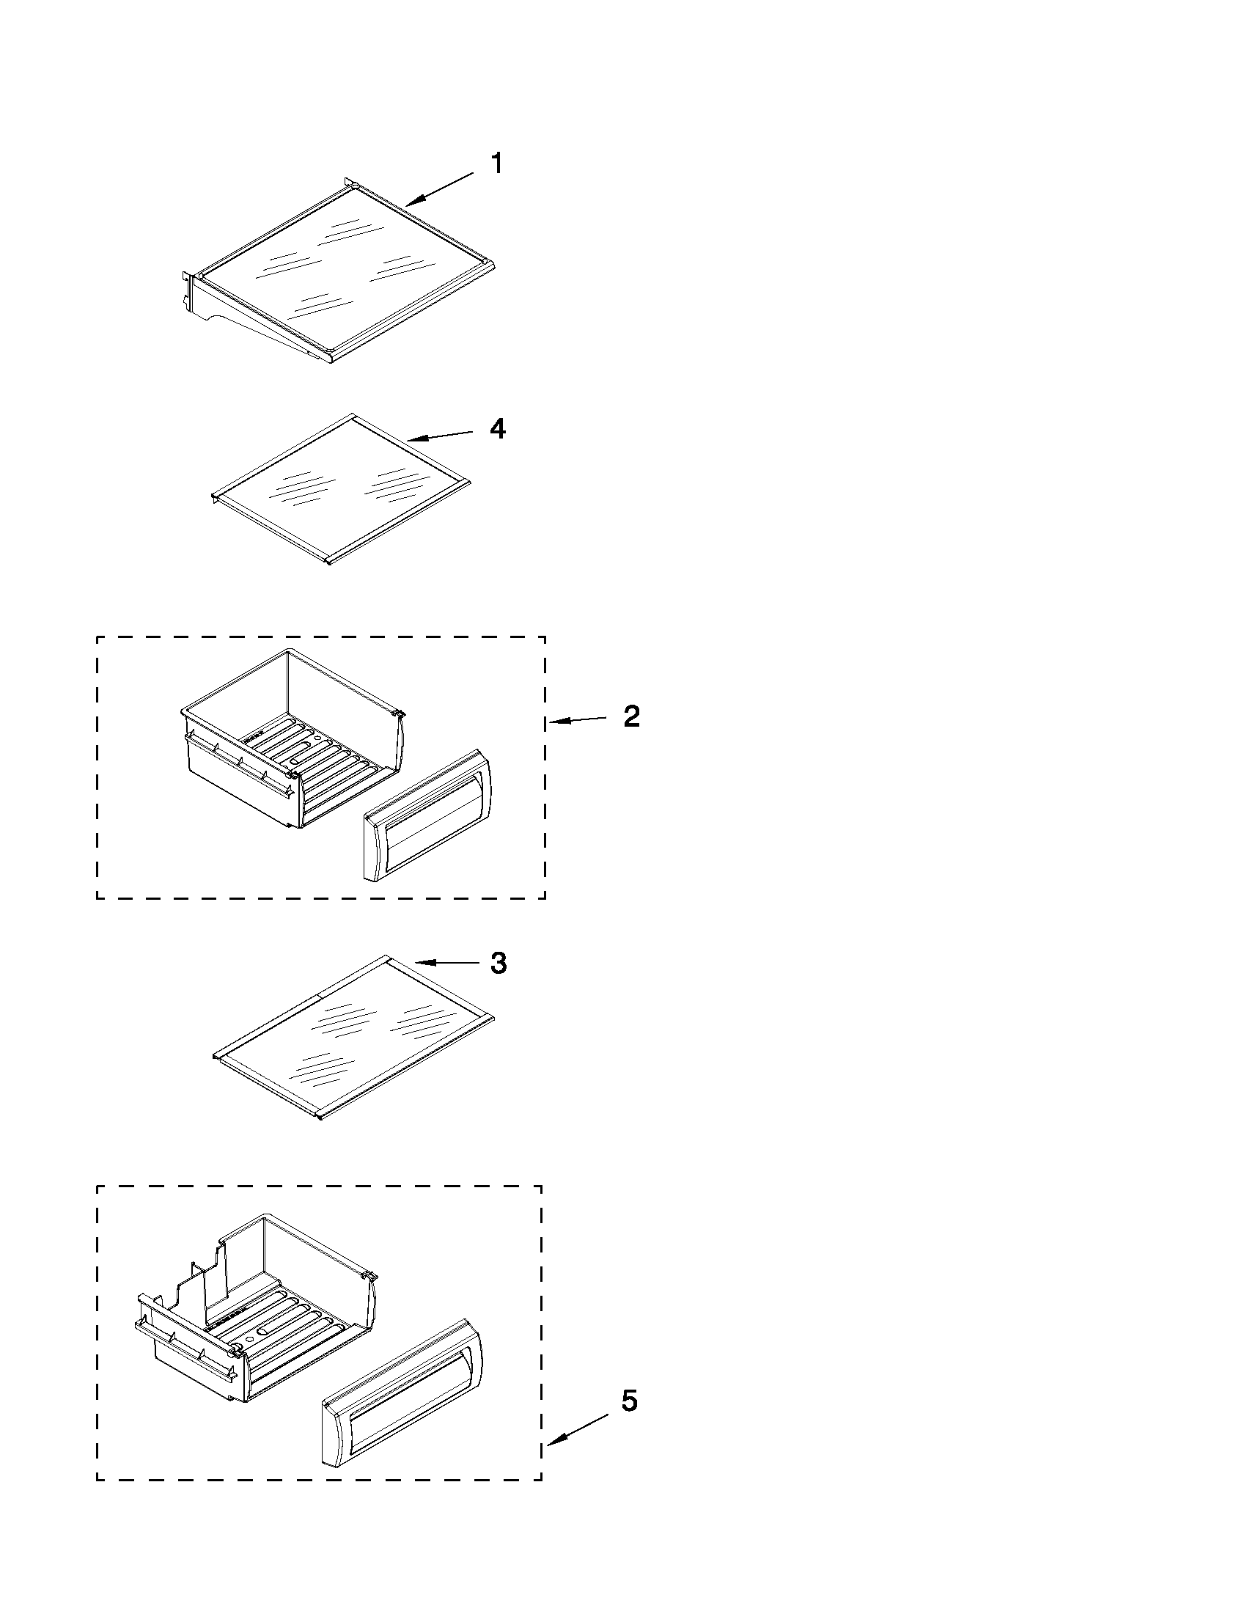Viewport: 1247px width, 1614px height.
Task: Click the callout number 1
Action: [497, 164]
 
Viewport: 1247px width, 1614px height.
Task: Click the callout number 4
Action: [498, 429]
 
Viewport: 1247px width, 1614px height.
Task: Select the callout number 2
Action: [631, 716]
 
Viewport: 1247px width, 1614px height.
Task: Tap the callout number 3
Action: [499, 963]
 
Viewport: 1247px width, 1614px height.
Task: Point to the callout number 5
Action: [629, 1401]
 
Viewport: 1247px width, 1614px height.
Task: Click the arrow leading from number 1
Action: [439, 188]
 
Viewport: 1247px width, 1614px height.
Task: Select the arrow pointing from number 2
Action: [577, 720]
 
